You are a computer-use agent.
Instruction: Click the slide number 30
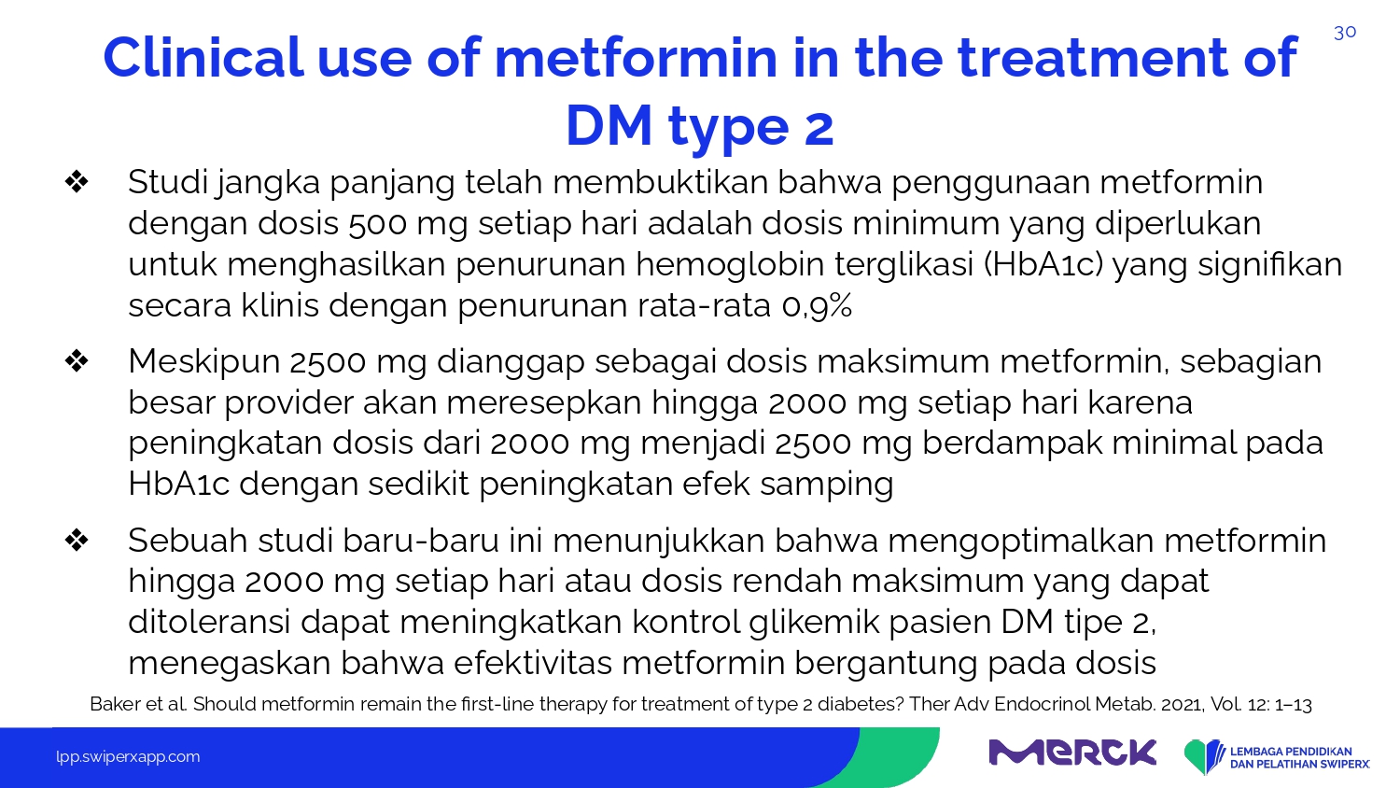point(1344,33)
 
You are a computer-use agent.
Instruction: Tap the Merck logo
point(1072,753)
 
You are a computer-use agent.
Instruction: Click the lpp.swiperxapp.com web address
point(128,757)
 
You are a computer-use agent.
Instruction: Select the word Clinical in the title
point(203,58)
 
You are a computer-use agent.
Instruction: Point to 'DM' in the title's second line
point(609,125)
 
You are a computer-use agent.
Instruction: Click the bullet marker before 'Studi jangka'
point(77,182)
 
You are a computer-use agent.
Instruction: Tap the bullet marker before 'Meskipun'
point(77,360)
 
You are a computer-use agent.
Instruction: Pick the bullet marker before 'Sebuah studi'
point(77,540)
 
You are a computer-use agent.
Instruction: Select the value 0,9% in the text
point(817,306)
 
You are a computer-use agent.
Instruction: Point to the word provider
point(288,402)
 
